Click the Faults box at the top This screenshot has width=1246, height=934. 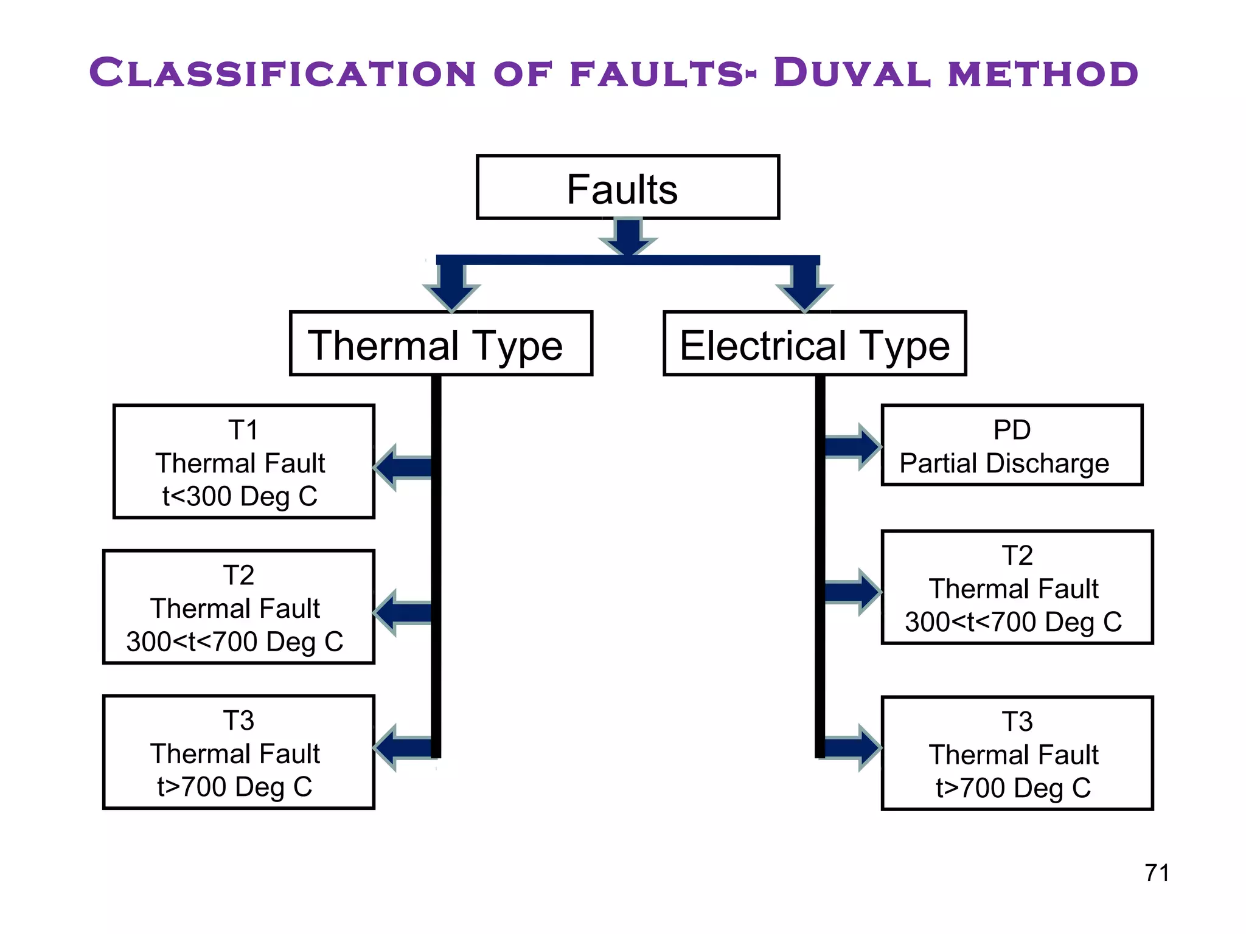click(627, 187)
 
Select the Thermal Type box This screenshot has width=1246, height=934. click(440, 344)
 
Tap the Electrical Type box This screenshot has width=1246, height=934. click(814, 344)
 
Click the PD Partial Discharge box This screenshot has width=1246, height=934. click(1011, 445)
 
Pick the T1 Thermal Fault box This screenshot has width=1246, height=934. click(243, 462)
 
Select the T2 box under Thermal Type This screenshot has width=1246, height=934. click(238, 607)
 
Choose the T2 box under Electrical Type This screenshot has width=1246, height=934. click(1017, 587)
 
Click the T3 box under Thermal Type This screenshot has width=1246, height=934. click(238, 752)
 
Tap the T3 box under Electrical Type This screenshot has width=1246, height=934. click(1017, 753)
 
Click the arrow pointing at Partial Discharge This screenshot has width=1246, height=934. click(852, 447)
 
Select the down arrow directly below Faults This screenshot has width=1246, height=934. click(628, 237)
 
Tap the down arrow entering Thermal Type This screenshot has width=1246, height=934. click(451, 286)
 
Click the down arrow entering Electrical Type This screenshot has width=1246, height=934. click(804, 286)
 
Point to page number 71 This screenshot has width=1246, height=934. click(1157, 873)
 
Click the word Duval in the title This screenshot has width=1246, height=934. click(852, 73)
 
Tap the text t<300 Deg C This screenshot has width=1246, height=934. click(240, 496)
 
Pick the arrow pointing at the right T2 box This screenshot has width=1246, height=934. click(852, 592)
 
